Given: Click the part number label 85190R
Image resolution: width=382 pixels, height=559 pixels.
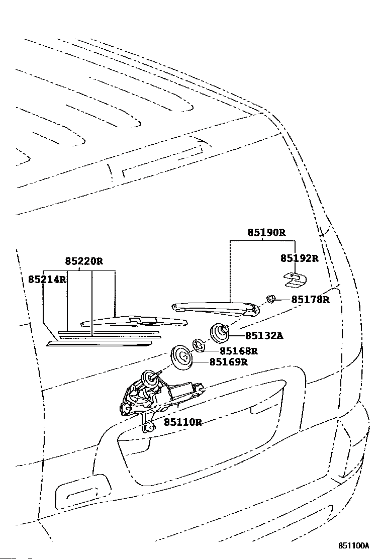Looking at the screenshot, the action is pos(266,233).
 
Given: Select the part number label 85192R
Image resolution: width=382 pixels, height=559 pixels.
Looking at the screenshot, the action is pos(300,258).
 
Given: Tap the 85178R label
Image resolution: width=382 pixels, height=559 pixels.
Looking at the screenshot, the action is pos(311,300).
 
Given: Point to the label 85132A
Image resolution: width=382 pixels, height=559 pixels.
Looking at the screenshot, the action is pos(264,335).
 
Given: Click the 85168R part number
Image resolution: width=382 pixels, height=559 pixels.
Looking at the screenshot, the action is pos(238,351).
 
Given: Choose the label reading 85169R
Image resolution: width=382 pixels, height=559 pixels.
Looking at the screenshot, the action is pos(228,362).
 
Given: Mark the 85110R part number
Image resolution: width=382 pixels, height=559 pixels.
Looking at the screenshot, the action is pos(183,422).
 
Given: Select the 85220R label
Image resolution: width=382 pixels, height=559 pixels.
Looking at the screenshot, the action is pos(84,261).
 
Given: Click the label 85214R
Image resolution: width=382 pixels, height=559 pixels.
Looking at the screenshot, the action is pos(47,279).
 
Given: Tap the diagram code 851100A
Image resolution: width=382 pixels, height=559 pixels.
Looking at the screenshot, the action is pos(353,546).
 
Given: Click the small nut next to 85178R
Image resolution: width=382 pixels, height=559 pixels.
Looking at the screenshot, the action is pos(271,299).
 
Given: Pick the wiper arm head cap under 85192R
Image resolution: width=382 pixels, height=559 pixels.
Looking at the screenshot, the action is pos(296,279).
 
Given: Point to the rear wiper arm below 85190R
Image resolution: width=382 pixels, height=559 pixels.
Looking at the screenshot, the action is pos(215,309).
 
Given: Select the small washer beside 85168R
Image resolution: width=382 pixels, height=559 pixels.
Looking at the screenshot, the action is pos(199,345).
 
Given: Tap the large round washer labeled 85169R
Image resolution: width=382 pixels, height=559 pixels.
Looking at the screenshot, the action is pos(182,357).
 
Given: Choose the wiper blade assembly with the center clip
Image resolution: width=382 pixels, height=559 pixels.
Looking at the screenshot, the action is pos(134,322).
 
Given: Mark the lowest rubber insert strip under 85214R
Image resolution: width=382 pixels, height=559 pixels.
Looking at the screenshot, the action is pos(100,344).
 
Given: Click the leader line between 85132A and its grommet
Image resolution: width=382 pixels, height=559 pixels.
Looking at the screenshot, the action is pos(237,335).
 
